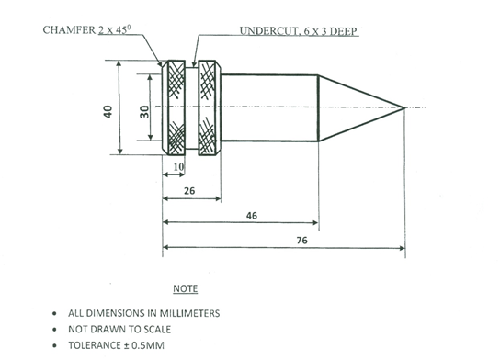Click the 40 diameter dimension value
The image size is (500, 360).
pos(108,112)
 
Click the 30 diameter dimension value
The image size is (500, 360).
pos(144,112)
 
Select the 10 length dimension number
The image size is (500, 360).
pos(179,166)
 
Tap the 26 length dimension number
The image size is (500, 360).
pos(189,191)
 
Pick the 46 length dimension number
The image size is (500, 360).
pos(252,216)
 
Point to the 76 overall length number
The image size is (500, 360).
pos(302,241)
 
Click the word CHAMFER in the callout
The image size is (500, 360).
pos(69,30)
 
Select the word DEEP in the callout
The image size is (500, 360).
pos(343,31)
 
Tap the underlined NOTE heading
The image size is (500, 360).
pos(186,288)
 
